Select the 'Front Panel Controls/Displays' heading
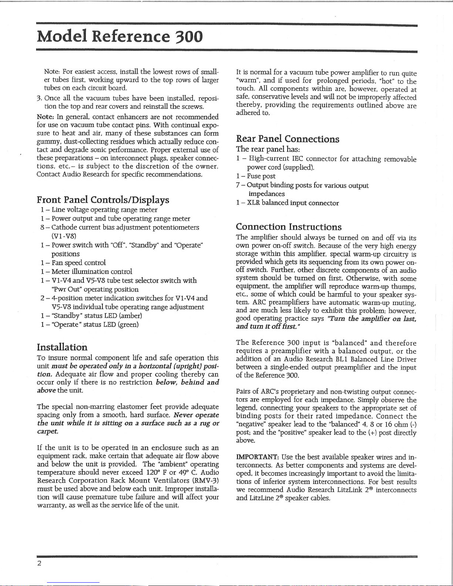(103, 200)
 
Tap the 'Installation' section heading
(62, 347)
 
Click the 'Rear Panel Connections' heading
(287, 139)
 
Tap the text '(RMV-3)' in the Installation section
(206, 480)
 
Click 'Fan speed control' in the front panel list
(78, 262)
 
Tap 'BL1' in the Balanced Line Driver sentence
(339, 359)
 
